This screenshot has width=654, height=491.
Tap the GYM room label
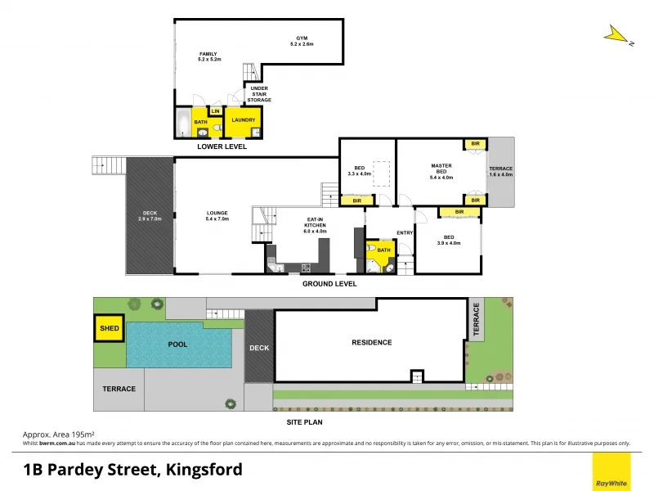[x=305, y=41]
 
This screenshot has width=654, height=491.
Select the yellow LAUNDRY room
[x=244, y=121]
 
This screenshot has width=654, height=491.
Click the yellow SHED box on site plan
[x=109, y=329]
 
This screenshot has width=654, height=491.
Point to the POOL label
[x=177, y=345]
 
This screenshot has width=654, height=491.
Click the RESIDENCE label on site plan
[x=371, y=342]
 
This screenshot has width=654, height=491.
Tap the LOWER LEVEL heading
[x=222, y=147]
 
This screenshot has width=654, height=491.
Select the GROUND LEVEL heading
[x=329, y=284]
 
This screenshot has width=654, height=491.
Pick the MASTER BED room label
[x=441, y=171]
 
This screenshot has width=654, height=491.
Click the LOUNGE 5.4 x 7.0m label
[x=217, y=217]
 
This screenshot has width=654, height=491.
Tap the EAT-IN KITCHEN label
[x=315, y=225]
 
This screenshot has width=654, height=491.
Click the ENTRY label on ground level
[x=405, y=233]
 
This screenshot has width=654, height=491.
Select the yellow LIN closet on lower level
[x=216, y=111]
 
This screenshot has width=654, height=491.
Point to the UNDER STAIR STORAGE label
[x=259, y=94]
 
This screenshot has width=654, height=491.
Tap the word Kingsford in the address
[x=204, y=470]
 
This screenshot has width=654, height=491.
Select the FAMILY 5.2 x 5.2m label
[x=208, y=56]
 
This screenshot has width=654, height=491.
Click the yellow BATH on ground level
[x=383, y=251]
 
